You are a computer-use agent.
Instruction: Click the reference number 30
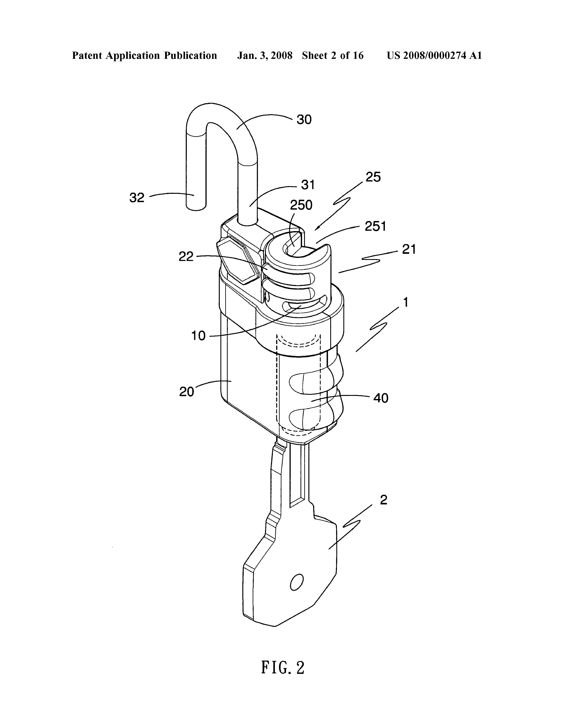pos(304,119)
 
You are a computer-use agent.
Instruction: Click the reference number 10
pos(198,336)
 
